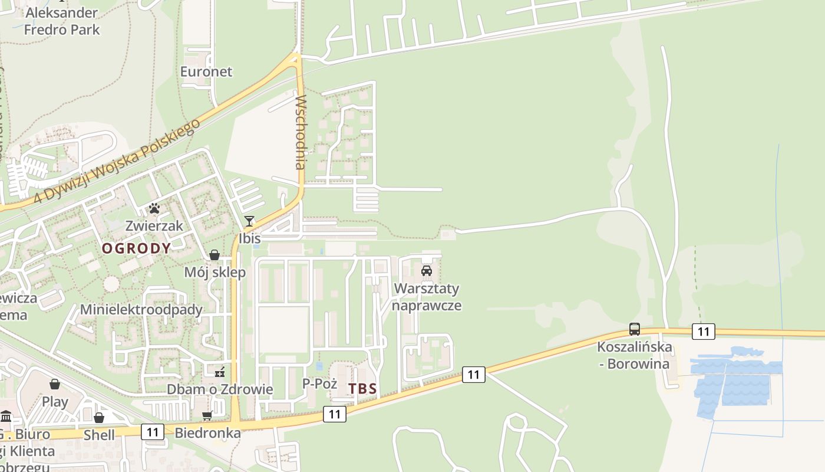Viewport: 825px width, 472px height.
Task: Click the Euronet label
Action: click(x=206, y=72)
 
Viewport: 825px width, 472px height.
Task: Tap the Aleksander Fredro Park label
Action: click(x=62, y=21)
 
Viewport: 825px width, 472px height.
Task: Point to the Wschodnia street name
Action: click(x=301, y=132)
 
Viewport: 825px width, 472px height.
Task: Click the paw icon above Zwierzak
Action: click(x=154, y=208)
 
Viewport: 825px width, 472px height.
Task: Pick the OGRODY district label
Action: click(x=136, y=248)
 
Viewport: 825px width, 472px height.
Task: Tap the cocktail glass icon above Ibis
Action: click(x=249, y=221)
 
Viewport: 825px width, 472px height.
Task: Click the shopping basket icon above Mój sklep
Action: click(x=214, y=255)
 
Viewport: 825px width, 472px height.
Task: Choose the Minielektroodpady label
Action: click(x=141, y=310)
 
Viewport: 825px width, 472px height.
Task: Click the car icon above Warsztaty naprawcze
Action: click(x=427, y=271)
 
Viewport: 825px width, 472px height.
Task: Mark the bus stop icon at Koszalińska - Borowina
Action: click(x=635, y=329)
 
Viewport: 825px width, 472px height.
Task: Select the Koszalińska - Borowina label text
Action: click(x=635, y=355)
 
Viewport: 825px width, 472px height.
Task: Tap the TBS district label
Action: click(x=362, y=389)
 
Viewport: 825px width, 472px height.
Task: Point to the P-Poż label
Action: click(x=319, y=384)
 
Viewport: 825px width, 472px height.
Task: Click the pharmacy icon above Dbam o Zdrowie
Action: click(x=220, y=372)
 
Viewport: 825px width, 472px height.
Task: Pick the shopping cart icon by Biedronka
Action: click(x=207, y=416)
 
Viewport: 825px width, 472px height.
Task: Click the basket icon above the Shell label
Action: click(x=99, y=418)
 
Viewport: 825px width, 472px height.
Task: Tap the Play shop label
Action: click(x=55, y=402)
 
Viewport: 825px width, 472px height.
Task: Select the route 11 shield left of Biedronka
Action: click(x=153, y=432)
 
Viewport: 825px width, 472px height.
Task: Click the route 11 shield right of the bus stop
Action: click(x=704, y=332)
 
